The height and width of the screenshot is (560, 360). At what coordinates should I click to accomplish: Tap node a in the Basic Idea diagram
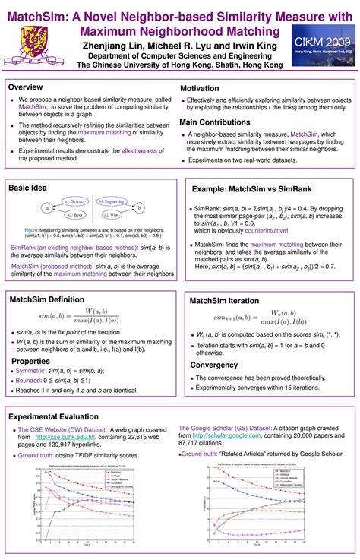click(47, 207)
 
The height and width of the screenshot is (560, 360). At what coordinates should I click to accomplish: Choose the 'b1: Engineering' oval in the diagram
click(111, 201)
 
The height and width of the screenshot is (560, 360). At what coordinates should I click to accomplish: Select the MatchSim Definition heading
click(46, 300)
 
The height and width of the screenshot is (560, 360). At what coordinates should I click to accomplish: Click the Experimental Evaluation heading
click(53, 417)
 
